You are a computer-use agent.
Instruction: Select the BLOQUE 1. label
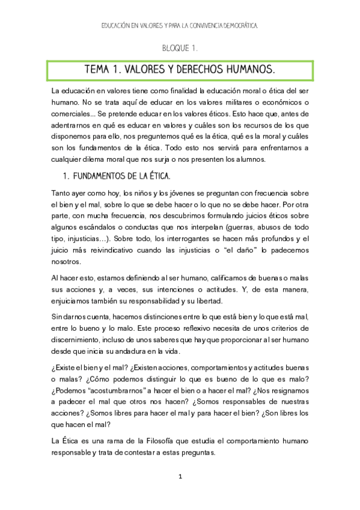pos(180,48)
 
